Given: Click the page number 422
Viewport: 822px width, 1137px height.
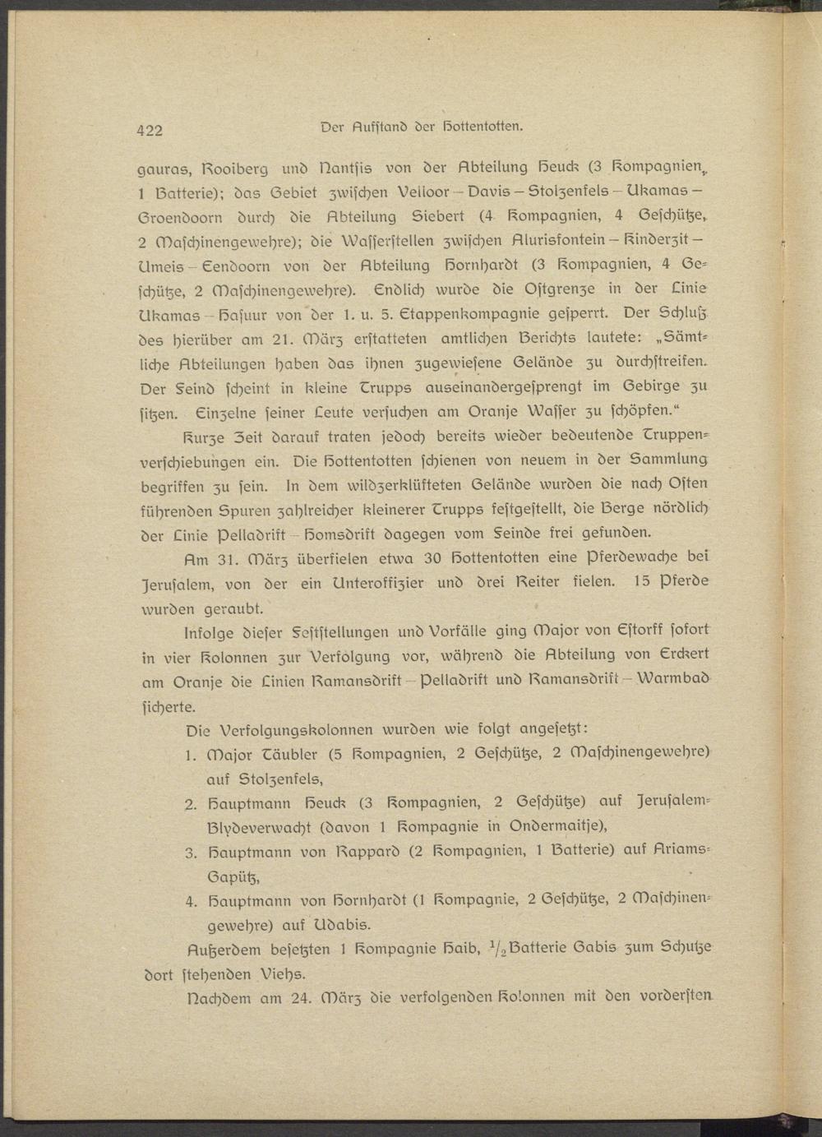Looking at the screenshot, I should click(x=150, y=130).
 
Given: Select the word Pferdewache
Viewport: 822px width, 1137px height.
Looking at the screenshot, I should click(x=641, y=557).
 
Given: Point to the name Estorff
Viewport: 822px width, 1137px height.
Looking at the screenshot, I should click(x=646, y=631).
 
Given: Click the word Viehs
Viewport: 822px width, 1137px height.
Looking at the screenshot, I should click(x=282, y=974).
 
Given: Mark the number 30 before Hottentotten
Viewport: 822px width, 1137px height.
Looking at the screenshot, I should click(x=433, y=558).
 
